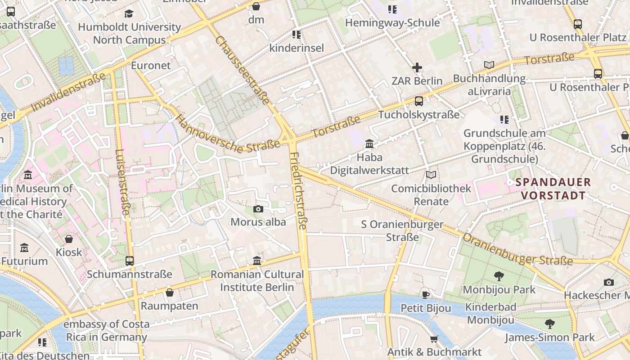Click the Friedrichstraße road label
(x=298, y=191)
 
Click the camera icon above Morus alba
(x=258, y=209)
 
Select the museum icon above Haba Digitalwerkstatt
(x=369, y=144)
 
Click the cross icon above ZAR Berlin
(x=417, y=68)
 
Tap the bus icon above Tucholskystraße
(x=419, y=101)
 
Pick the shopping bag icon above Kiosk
(x=69, y=239)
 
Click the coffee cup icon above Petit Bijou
(x=426, y=295)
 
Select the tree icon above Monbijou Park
(x=499, y=276)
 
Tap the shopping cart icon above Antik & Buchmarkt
(x=434, y=339)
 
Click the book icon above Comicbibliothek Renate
(x=431, y=175)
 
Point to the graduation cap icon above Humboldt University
(x=129, y=13)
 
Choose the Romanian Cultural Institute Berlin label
(x=257, y=280)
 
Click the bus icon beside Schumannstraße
(x=130, y=261)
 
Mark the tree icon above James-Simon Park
(x=549, y=324)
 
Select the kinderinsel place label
(x=297, y=48)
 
